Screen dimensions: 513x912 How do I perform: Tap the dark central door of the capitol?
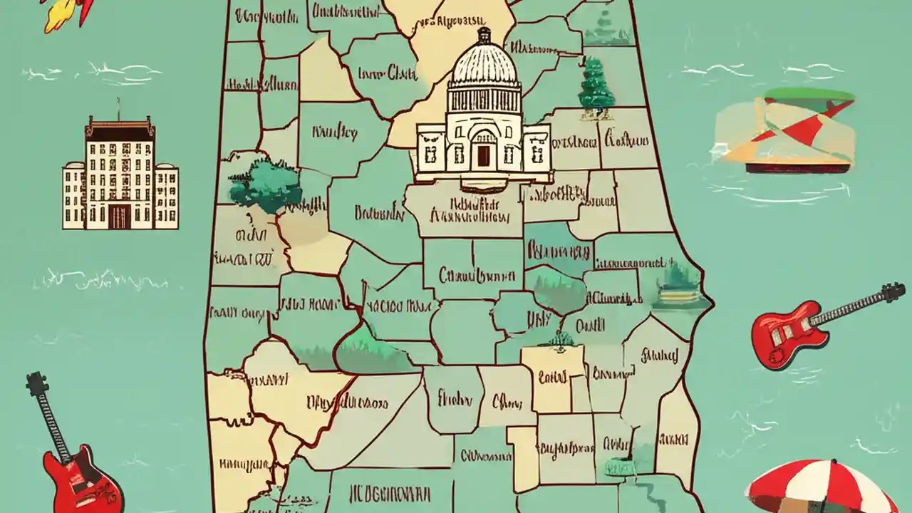[484, 155]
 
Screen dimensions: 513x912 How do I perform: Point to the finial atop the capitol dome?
[484, 33]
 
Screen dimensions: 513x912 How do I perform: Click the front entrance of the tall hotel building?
[119, 217]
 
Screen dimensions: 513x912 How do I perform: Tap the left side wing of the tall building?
[73, 195]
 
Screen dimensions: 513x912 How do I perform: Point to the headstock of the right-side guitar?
[891, 292]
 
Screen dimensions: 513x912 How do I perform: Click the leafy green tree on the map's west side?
[264, 185]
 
